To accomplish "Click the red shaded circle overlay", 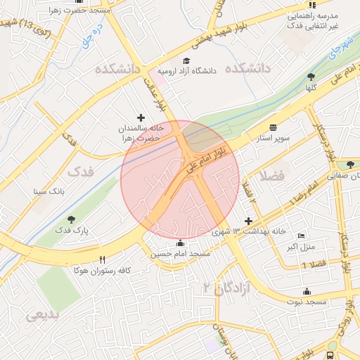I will tap(180, 180).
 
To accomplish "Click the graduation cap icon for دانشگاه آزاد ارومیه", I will tap(186, 60).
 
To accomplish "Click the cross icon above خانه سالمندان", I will tap(141, 117).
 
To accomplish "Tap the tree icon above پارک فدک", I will tap(68, 219).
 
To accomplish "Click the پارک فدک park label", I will tap(68, 230).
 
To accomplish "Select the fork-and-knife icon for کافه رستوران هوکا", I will tap(103, 259).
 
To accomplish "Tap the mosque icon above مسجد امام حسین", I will tap(179, 243).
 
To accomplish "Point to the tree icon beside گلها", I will tap(311, 77).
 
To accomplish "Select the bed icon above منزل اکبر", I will tap(302, 236).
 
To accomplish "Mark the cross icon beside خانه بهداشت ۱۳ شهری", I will tap(248, 221).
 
